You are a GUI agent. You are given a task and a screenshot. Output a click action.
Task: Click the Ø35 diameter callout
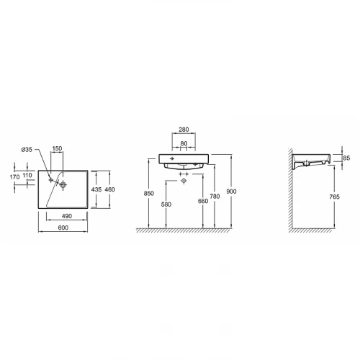[27, 150]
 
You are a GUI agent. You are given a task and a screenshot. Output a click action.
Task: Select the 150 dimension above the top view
[57, 148]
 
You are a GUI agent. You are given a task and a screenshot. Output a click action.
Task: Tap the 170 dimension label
[14, 177]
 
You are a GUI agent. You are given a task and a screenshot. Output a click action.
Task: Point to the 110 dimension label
[27, 175]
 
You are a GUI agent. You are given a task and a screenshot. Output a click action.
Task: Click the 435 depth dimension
[96, 189]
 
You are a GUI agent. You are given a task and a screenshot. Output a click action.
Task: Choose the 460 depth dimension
[109, 189]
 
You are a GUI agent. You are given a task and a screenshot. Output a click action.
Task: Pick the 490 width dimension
[67, 216]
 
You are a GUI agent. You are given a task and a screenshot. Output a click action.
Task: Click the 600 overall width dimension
[63, 228]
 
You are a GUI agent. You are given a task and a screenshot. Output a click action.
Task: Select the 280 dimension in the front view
[184, 130]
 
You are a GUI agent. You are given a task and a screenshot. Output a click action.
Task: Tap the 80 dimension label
[184, 143]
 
